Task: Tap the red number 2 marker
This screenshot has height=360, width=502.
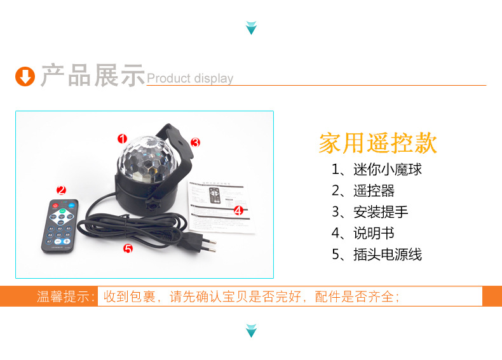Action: [x=61, y=189]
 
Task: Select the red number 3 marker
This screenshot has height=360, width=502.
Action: [x=195, y=142]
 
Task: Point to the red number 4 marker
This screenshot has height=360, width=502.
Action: [x=238, y=211]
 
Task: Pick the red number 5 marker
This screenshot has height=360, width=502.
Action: [x=128, y=249]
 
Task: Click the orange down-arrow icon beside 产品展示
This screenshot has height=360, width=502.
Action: [x=25, y=77]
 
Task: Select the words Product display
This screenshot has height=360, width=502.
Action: [x=190, y=79]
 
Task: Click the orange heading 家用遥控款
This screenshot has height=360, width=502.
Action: [x=378, y=143]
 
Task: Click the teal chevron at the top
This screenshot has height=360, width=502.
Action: [x=251, y=28]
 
